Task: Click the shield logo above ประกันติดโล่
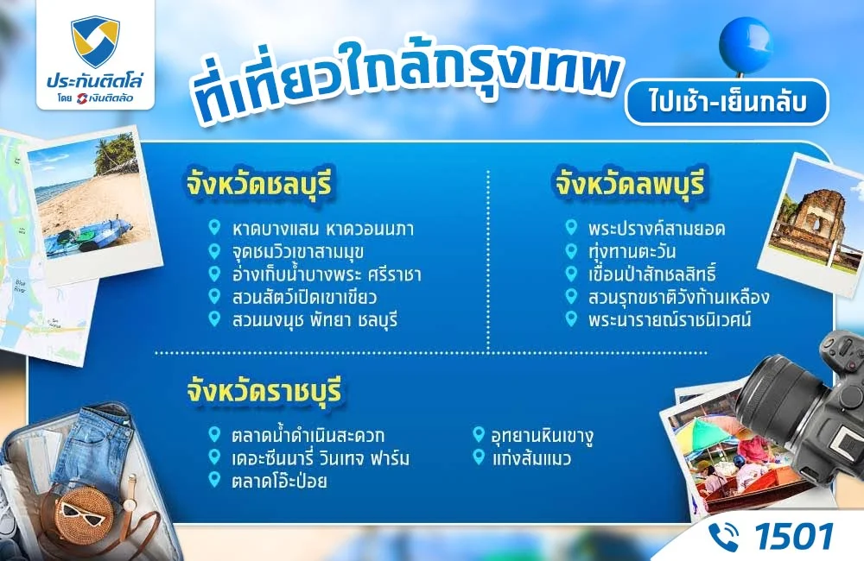click(x=95, y=42)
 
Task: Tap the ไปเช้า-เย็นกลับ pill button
click(x=726, y=101)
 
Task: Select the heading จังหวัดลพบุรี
click(x=630, y=183)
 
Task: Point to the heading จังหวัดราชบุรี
click(x=264, y=391)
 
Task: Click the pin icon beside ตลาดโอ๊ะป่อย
click(x=214, y=480)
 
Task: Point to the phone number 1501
click(x=793, y=536)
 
